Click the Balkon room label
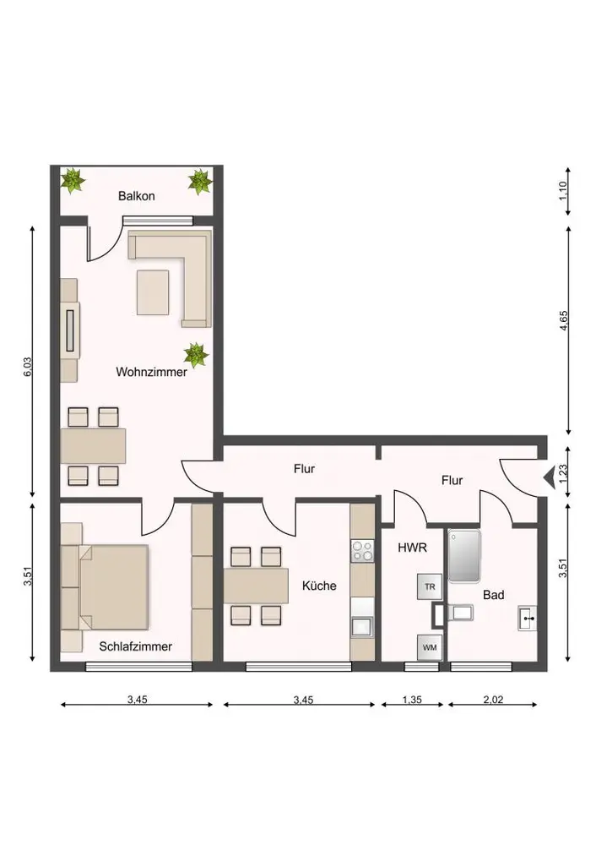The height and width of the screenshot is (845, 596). pos(136,196)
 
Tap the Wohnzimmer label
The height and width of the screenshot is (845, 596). pos(151,371)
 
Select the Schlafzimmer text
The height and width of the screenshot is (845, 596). pos(135,646)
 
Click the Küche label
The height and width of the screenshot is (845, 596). pos(319,586)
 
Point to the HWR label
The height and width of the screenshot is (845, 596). pos(412,548)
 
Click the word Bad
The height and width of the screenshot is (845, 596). pos(493,595)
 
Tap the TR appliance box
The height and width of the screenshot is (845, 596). pos(430,587)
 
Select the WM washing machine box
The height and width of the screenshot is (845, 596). pos(430,647)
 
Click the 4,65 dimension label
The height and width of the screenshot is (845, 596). pos(564,320)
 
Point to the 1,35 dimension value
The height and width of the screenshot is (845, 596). pos(412,700)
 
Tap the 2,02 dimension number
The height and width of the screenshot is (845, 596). pos(493,700)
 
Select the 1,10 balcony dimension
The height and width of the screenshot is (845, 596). pos(564,191)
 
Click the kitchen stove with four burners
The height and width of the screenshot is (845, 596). pos(362,551)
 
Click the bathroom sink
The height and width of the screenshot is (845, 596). pos(528,619)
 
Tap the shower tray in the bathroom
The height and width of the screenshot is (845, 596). pos(463,556)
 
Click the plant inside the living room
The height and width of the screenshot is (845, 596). pos(196,355)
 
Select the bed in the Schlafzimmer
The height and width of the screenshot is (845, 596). pos(105,587)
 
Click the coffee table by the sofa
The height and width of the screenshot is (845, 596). pos(153,292)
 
